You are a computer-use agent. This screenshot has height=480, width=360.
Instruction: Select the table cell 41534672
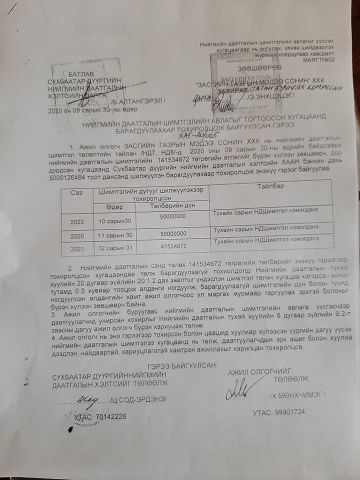[x=173, y=246]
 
